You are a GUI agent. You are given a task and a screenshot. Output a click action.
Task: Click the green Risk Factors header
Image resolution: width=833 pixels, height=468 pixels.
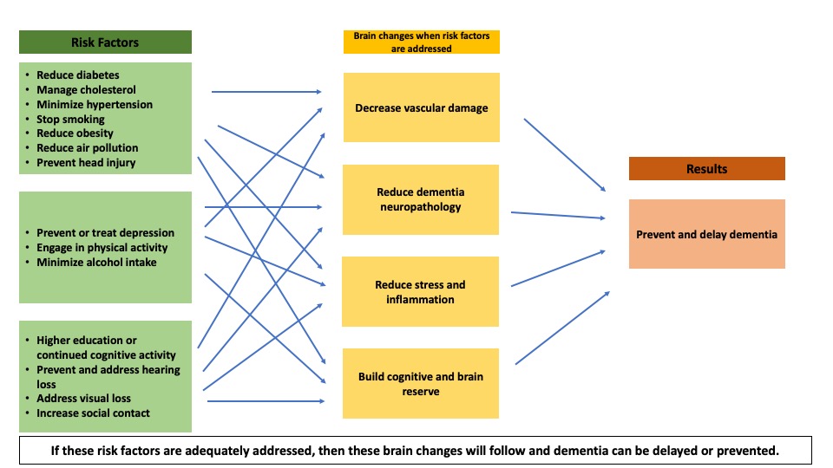point(105,42)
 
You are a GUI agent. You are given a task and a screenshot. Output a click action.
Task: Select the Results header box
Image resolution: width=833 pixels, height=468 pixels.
point(706,168)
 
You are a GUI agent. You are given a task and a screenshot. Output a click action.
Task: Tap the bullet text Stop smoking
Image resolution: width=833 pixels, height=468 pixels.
point(70,119)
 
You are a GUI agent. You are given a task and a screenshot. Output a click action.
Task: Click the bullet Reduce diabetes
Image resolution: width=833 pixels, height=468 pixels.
point(78,75)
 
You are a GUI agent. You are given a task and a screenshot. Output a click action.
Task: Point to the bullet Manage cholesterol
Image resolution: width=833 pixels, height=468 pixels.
point(86,90)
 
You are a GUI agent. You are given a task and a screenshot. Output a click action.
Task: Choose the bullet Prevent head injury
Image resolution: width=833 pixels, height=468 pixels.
point(86,163)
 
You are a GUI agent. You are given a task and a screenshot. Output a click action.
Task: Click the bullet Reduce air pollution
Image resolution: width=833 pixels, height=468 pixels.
point(87,148)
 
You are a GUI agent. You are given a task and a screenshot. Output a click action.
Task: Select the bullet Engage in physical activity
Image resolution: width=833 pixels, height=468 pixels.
point(102,247)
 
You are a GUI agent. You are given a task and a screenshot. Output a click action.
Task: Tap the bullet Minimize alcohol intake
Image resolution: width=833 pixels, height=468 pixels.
point(96,262)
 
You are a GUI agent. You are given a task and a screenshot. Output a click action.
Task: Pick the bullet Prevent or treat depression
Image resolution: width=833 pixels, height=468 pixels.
point(105,232)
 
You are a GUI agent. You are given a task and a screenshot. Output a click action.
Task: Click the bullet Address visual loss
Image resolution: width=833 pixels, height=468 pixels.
point(83,399)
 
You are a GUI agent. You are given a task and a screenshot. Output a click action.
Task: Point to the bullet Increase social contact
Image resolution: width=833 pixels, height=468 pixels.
point(93,413)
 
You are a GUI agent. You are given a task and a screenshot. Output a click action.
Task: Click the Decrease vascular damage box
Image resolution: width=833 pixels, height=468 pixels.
point(422,107)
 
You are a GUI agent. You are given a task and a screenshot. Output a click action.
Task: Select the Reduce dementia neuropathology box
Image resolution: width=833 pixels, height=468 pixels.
point(421,199)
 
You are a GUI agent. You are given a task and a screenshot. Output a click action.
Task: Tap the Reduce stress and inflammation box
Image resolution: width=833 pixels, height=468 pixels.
point(421,292)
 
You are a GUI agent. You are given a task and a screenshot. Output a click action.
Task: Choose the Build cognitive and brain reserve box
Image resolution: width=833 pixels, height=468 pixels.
point(421,384)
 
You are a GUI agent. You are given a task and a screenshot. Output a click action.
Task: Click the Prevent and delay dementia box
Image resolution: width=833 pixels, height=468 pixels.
point(706,234)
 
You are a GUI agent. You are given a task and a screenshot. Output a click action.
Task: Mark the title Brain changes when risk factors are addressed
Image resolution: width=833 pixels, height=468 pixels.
point(422,42)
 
